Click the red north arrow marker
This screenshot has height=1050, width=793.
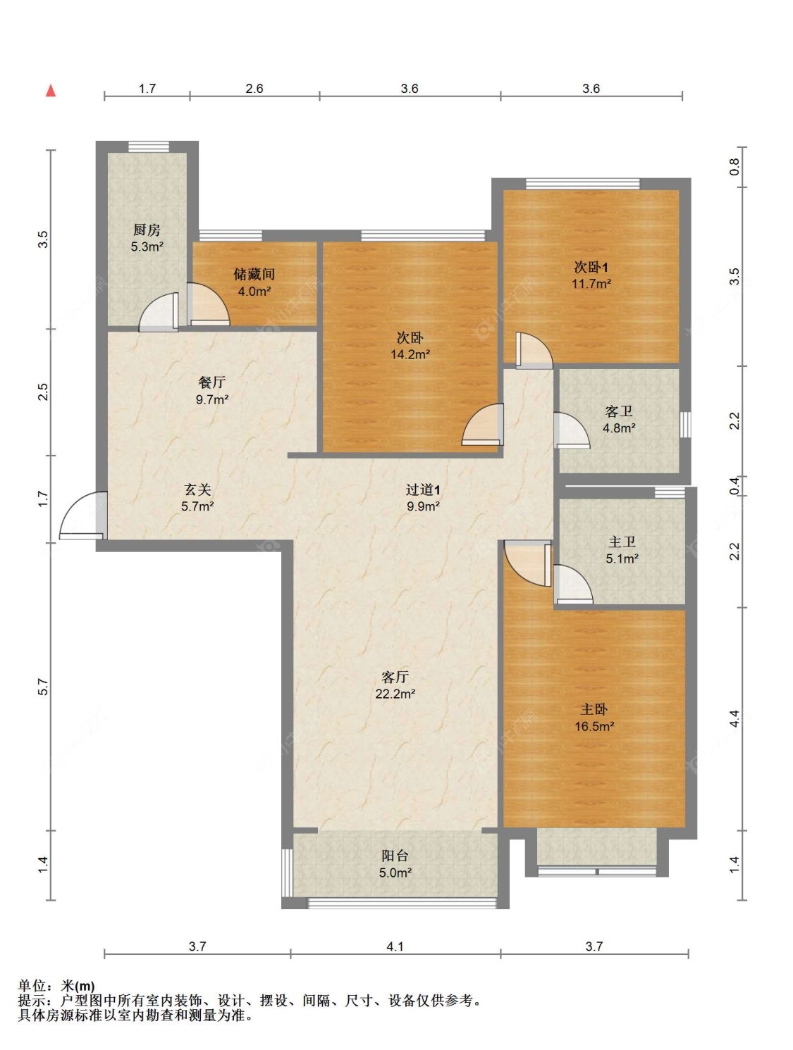pyautogui.click(x=51, y=90)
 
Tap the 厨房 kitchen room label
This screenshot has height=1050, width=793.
pyautogui.click(x=147, y=230)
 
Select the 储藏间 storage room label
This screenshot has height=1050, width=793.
pyautogui.click(x=254, y=274)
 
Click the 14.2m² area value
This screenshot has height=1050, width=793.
pyautogui.click(x=410, y=354)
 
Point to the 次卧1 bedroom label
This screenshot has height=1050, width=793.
pyautogui.click(x=591, y=267)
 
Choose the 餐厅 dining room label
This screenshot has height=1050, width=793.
pyautogui.click(x=211, y=382)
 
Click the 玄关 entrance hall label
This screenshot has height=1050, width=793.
pyautogui.click(x=197, y=489)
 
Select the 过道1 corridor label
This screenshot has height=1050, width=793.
pyautogui.click(x=423, y=489)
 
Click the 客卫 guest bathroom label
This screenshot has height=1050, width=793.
pyautogui.click(x=619, y=411)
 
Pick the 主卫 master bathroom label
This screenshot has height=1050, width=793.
pyautogui.click(x=622, y=542)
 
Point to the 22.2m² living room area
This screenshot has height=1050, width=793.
pyautogui.click(x=395, y=694)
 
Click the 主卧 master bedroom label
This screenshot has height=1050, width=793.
pyautogui.click(x=594, y=709)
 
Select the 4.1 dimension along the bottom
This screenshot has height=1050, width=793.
pyautogui.click(x=395, y=946)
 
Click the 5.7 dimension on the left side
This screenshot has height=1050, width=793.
pyautogui.click(x=44, y=687)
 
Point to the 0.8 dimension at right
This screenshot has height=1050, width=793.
pyautogui.click(x=734, y=166)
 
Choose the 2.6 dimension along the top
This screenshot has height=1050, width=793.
pyautogui.click(x=254, y=89)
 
